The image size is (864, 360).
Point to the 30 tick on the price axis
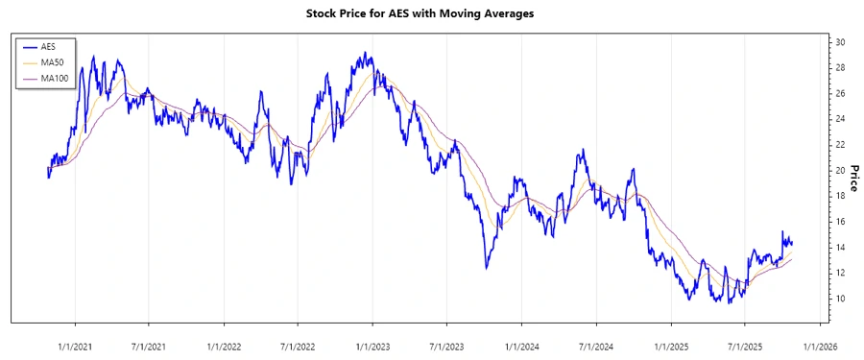[x=840, y=42]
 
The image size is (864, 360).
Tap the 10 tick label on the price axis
[x=840, y=299]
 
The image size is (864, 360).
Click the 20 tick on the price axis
[x=840, y=170]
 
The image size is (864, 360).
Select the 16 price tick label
[x=840, y=222]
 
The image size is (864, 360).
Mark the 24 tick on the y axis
[x=840, y=119]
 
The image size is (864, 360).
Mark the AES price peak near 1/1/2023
[x=365, y=53]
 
